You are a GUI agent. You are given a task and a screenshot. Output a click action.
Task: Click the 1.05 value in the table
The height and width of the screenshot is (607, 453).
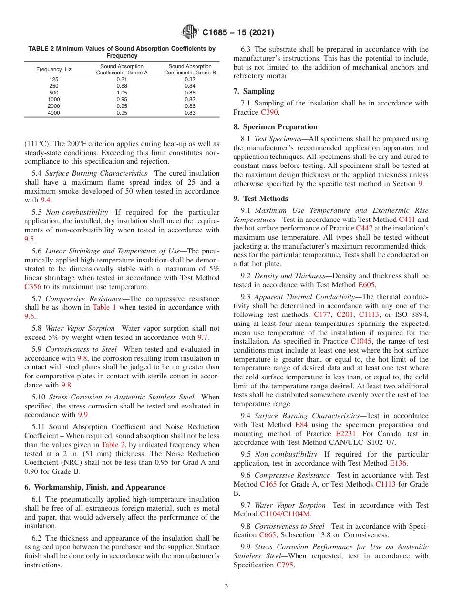(122, 93)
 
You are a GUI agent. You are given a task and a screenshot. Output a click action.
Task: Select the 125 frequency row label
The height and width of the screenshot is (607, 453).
(54, 79)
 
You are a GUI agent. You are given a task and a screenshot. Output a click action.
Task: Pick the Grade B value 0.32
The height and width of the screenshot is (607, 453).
(190, 79)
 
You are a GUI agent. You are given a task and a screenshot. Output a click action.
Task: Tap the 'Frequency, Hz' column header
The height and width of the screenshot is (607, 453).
(54, 70)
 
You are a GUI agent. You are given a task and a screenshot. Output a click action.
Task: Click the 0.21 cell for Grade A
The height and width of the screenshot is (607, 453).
(122, 79)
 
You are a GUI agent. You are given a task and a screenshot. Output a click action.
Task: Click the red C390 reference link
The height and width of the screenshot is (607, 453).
(269, 112)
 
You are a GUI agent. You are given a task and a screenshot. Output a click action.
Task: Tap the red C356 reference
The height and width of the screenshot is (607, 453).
(33, 287)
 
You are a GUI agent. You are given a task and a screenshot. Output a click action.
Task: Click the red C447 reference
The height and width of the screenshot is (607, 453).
(364, 228)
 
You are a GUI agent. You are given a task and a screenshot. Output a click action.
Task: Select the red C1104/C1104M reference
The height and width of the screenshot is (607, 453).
(285, 514)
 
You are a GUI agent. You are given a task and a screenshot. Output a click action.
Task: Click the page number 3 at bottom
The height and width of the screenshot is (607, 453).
(226, 586)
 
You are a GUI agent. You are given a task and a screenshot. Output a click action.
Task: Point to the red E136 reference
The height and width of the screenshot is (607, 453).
(398, 463)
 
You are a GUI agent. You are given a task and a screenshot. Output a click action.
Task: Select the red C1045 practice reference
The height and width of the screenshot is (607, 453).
(360, 341)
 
